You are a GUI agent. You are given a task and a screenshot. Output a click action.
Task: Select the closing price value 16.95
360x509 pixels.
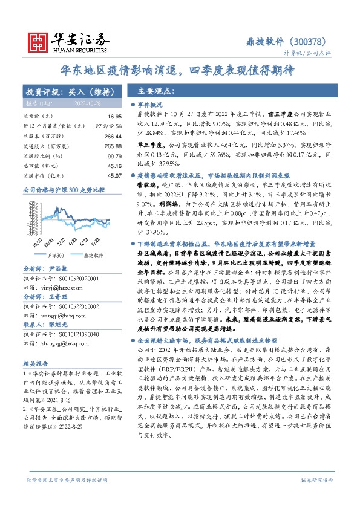[115, 115]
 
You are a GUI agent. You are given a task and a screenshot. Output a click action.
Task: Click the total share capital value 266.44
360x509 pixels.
[113, 137]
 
